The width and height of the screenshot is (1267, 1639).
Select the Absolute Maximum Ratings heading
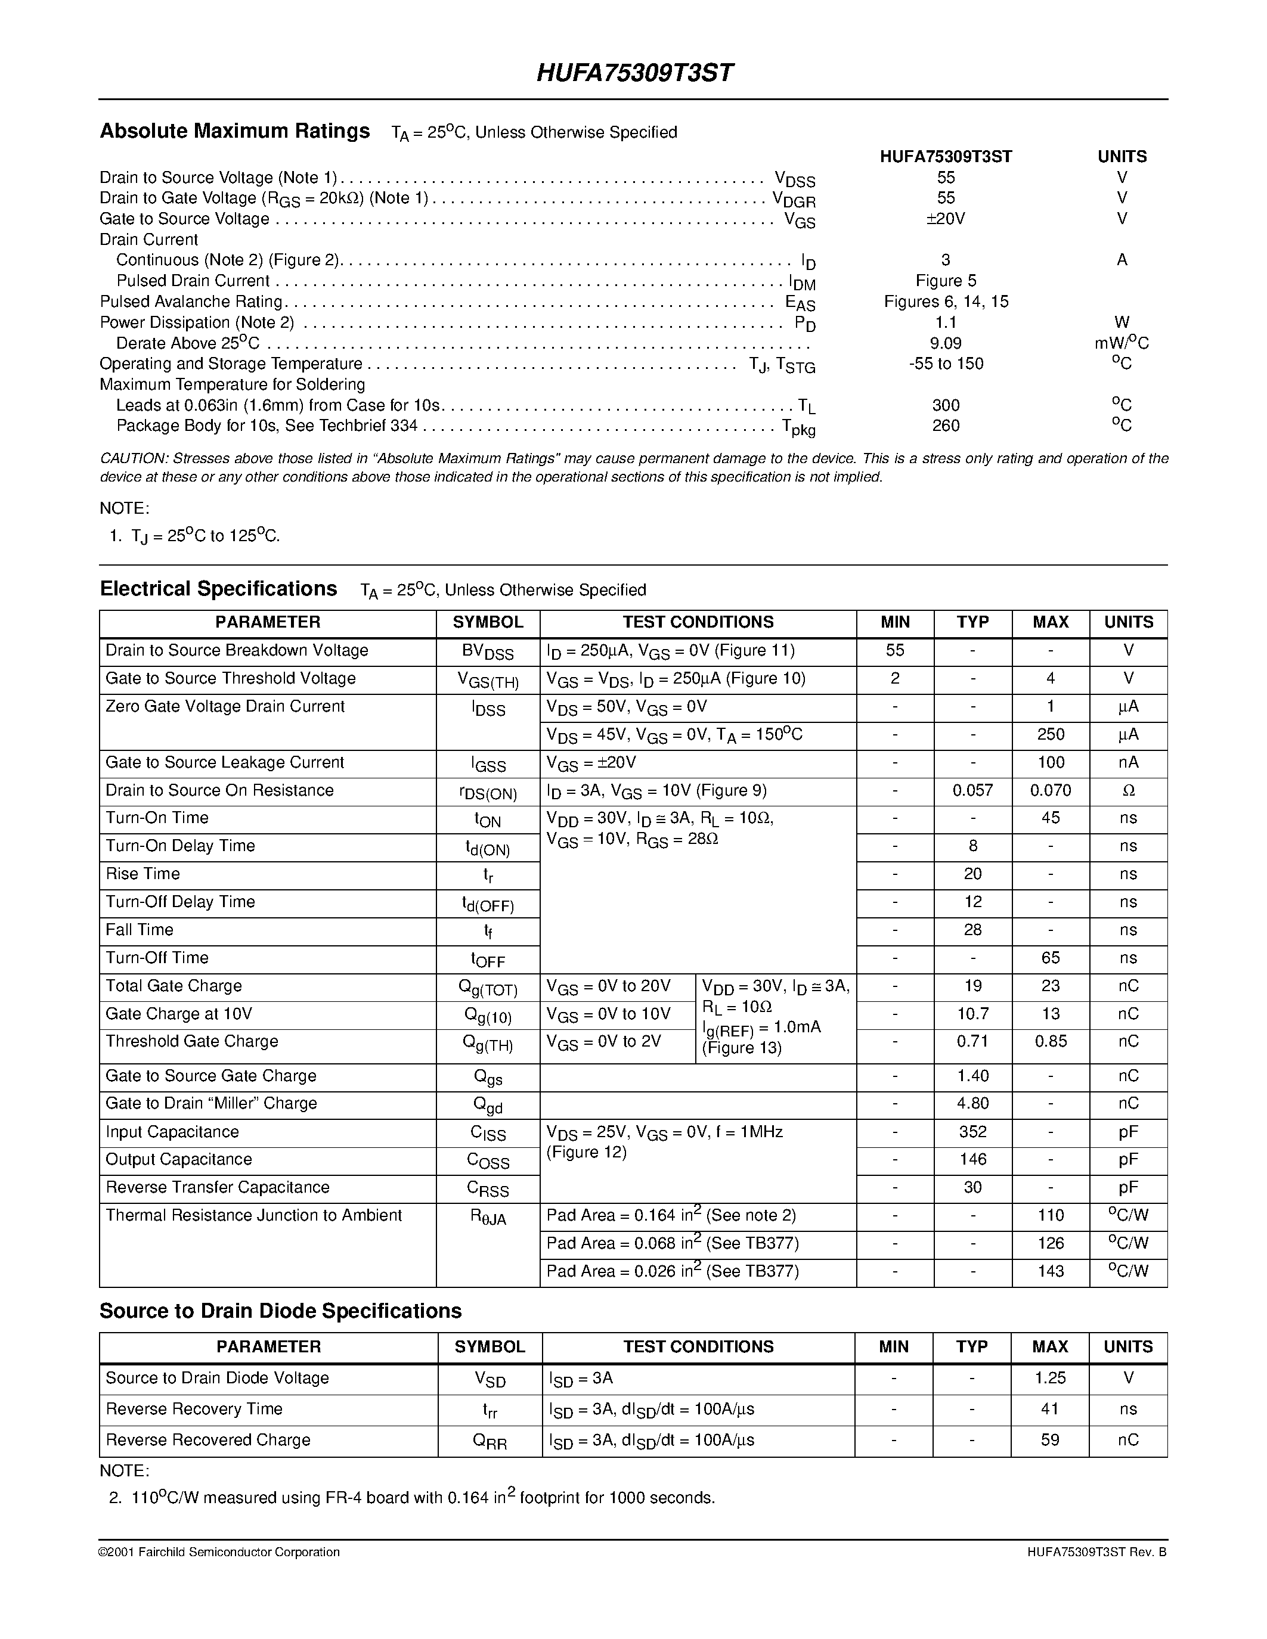point(235,131)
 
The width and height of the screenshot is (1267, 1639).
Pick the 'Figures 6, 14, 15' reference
point(946,302)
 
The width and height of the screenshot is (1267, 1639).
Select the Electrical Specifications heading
point(218,589)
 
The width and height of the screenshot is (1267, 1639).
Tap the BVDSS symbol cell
point(488,651)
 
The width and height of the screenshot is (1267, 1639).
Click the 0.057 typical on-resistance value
point(973,790)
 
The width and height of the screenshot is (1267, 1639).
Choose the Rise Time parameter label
point(143,874)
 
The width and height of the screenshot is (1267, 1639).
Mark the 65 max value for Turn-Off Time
point(1050,958)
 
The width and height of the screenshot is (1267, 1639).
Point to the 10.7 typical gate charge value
point(973,1014)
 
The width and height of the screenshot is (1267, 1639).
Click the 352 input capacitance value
point(973,1132)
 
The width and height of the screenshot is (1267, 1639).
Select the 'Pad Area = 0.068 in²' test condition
point(673,1243)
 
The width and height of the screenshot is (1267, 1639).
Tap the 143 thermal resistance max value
point(1050,1271)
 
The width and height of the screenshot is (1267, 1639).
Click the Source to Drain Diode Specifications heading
point(281,1311)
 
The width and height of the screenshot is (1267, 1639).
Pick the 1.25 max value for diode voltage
point(1050,1378)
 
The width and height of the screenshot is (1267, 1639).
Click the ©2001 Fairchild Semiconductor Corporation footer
point(219,1552)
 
